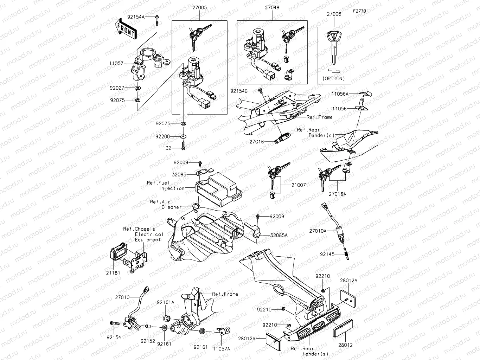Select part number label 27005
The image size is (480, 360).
(199, 7)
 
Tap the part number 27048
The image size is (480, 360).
(272, 7)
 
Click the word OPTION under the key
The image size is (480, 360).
(334, 78)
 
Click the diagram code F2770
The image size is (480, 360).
(359, 11)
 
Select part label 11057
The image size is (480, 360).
(116, 63)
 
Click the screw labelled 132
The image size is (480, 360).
(183, 146)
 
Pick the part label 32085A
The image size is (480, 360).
(279, 235)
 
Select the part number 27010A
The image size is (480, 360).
(318, 231)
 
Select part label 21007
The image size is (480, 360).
(298, 185)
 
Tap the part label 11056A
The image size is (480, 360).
(340, 94)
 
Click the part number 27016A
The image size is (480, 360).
(337, 194)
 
